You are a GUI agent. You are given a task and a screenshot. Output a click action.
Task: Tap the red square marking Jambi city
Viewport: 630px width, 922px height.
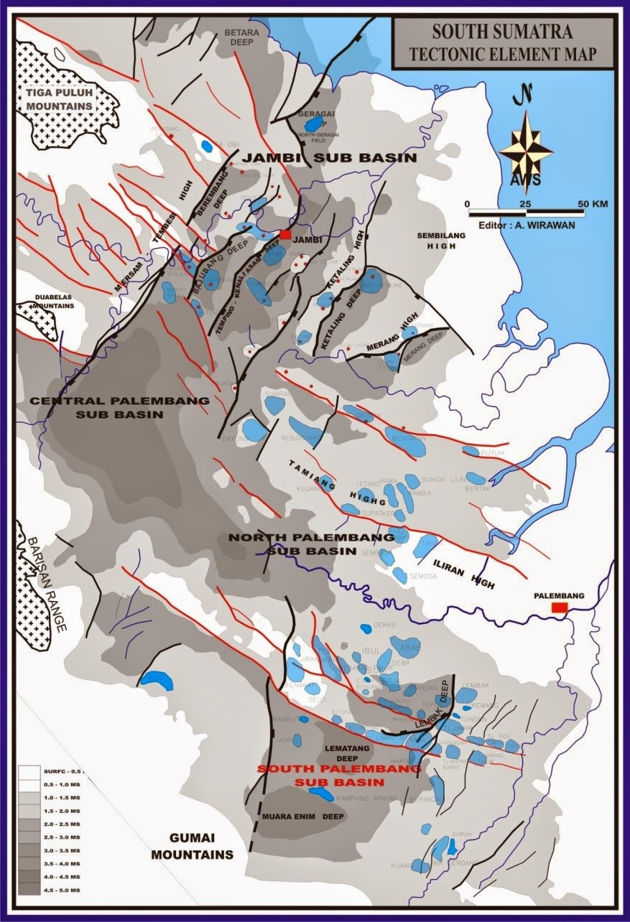click(286, 235)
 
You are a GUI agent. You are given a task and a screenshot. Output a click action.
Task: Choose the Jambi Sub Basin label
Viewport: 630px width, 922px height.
click(329, 157)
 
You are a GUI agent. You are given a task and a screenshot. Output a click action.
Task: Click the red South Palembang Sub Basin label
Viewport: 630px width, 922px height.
click(323, 776)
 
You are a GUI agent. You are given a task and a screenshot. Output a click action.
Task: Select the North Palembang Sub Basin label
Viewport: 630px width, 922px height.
click(310, 544)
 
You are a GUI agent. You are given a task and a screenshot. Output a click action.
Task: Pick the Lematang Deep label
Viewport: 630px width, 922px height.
click(342, 753)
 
